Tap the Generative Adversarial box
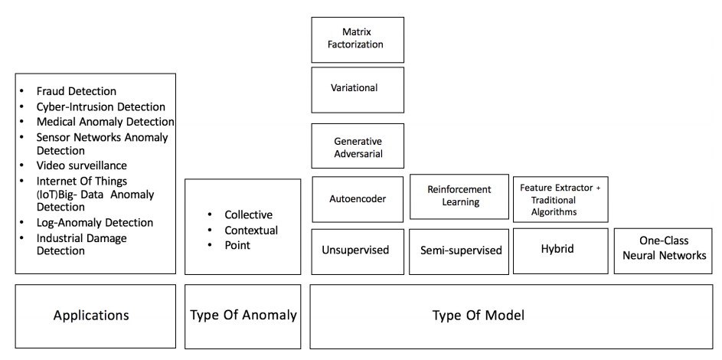(x=358, y=146)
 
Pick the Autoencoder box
(x=358, y=199)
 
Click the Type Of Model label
(x=479, y=315)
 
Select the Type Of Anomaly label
(x=243, y=315)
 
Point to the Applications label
(x=91, y=315)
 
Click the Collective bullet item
(x=248, y=214)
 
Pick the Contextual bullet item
(x=250, y=230)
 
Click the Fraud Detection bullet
(x=77, y=92)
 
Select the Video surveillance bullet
(x=82, y=165)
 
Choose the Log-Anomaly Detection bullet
(x=94, y=223)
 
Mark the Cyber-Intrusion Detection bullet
(x=100, y=107)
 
